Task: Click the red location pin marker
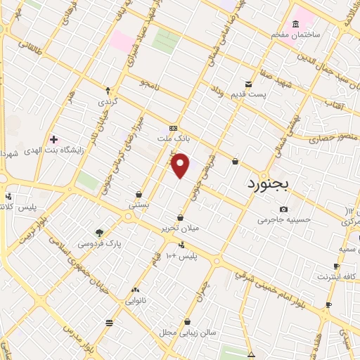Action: pos(181,165)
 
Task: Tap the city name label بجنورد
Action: pos(274,184)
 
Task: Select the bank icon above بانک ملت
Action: pos(174,128)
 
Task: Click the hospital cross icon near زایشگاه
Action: pos(53,139)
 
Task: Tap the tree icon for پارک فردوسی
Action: pos(99,233)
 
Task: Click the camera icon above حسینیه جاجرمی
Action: pos(283,210)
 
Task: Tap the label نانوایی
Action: pos(136,300)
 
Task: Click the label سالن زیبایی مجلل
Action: pos(186,332)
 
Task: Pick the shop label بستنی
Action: pos(139,205)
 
